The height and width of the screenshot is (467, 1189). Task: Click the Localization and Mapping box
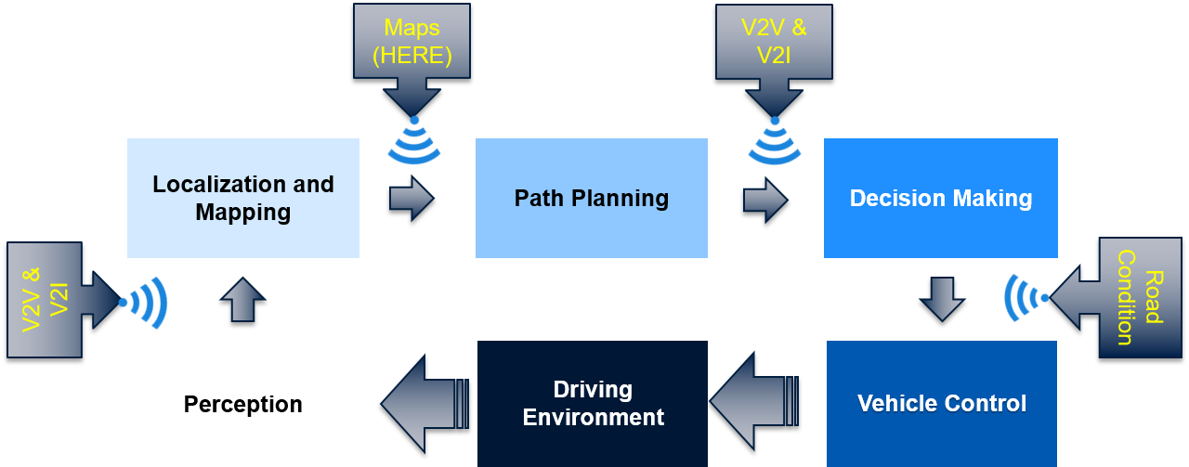pyautogui.click(x=242, y=198)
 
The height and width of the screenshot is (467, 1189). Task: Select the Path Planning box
pyautogui.click(x=591, y=198)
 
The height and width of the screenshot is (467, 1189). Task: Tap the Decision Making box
pyautogui.click(x=940, y=198)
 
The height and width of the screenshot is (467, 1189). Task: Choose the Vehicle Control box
pyautogui.click(x=941, y=404)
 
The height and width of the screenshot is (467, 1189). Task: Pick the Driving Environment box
pyautogui.click(x=593, y=404)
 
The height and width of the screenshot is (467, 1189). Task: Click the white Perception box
pyautogui.click(x=242, y=404)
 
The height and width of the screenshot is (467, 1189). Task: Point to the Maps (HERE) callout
pyautogui.click(x=412, y=42)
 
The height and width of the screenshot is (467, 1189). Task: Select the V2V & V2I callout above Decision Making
pyautogui.click(x=774, y=42)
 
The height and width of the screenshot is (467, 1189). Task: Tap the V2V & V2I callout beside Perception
pyautogui.click(x=45, y=300)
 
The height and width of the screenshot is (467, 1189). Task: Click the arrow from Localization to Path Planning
pyautogui.click(x=411, y=197)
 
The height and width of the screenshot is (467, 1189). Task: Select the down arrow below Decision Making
pyautogui.click(x=942, y=299)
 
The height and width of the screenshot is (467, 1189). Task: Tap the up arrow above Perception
pyautogui.click(x=242, y=299)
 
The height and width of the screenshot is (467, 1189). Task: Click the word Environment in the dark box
pyautogui.click(x=593, y=417)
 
